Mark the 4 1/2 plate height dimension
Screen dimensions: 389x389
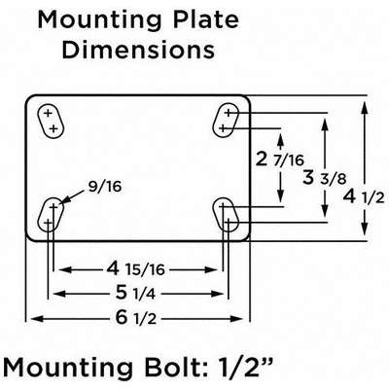[362, 196]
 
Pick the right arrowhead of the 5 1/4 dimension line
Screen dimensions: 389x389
[222, 294]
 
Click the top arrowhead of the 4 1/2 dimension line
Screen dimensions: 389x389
[367, 99]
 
